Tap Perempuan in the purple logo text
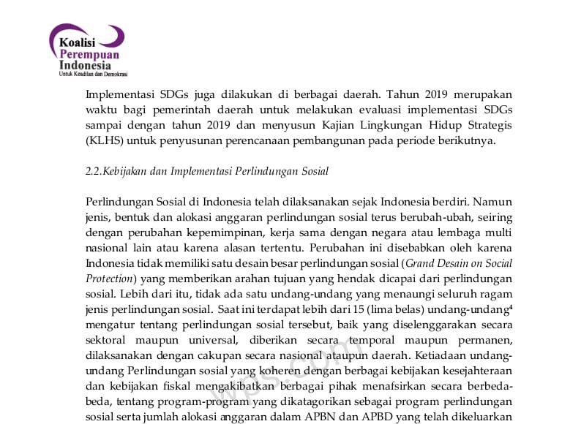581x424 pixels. tap(89, 55)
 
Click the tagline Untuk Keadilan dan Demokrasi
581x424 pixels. tap(93, 74)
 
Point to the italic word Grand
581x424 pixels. tap(421, 263)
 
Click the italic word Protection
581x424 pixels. tap(109, 279)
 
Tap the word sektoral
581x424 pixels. tap(107, 340)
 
